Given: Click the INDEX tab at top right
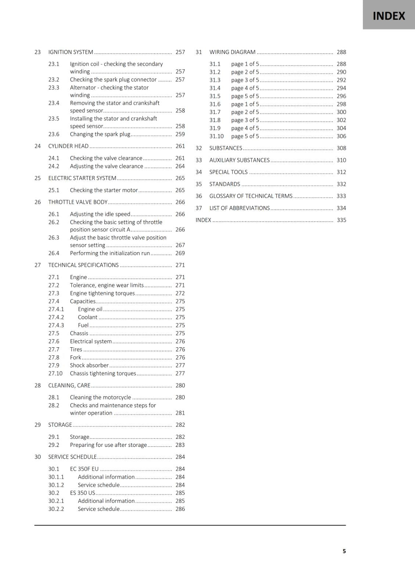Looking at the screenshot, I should click(x=389, y=16).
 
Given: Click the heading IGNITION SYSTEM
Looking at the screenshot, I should click(x=71, y=52).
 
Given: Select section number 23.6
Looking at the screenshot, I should click(x=54, y=134).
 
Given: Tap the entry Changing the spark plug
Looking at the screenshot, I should click(x=100, y=134).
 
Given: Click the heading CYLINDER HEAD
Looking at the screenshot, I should click(x=68, y=146).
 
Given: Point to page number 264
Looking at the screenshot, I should click(x=180, y=166).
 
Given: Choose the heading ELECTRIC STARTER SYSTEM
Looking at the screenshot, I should click(x=82, y=178).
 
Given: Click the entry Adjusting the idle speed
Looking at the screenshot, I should click(x=100, y=214).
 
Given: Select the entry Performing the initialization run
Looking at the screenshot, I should click(x=110, y=253).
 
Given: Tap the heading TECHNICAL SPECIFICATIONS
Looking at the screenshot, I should click(x=83, y=265).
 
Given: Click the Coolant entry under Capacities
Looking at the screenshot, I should click(x=87, y=317).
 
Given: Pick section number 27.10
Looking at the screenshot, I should click(x=55, y=373).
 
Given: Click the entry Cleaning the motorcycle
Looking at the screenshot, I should click(x=100, y=397).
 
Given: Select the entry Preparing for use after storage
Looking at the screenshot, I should click(x=108, y=445).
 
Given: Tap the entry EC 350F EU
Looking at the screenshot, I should click(x=84, y=469).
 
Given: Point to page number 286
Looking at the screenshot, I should click(x=180, y=509).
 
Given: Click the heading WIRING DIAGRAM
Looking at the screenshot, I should click(x=232, y=52).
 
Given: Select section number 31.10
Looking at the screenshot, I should click(x=216, y=136).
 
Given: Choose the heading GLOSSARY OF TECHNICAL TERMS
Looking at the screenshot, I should click(x=251, y=196).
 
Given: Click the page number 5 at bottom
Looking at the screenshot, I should click(x=344, y=551).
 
